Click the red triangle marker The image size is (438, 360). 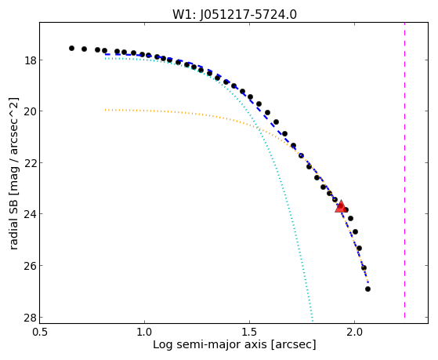click(341, 207)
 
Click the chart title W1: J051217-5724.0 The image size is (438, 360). click(234, 14)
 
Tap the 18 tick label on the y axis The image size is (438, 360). click(30, 60)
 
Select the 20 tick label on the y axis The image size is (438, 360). click(30, 111)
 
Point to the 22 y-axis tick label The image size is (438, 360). click(30, 163)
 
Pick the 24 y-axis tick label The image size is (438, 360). click(30, 214)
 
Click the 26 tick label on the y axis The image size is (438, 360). click(30, 265)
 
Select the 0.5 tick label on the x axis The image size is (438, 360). click(40, 332)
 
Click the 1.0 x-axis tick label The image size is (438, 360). click(144, 332)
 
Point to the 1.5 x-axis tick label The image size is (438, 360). click(249, 332)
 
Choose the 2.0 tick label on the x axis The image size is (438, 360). click(354, 332)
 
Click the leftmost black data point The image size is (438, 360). click(71, 48)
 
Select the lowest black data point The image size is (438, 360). click(368, 289)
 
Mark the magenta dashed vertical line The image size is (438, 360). click(405, 170)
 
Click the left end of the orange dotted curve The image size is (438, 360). click(105, 110)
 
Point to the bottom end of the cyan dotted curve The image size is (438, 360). click(313, 321)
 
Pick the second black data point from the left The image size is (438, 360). click(84, 49)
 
